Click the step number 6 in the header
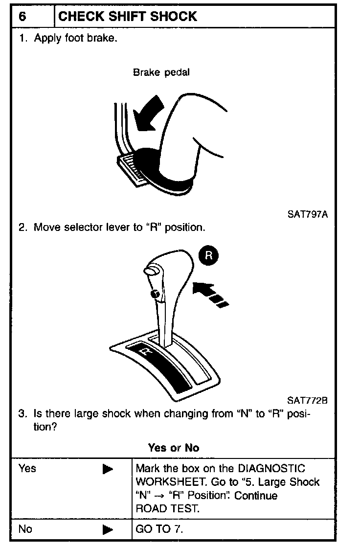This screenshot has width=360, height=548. tap(22, 16)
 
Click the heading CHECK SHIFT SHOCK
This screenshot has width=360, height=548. tap(127, 16)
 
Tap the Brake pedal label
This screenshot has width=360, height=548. tap(161, 72)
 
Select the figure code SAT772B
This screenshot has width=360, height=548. tap(307, 401)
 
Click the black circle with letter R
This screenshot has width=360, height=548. tap(209, 255)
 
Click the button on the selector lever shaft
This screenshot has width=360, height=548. tap(154, 294)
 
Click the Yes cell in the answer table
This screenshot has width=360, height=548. tap(27, 469)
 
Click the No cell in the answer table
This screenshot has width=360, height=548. tap(25, 529)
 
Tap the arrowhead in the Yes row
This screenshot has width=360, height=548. tap(108, 469)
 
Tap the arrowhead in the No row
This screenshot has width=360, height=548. tap(108, 529)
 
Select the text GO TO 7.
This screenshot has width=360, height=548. tap(160, 529)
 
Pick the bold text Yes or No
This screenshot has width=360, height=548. tap(173, 448)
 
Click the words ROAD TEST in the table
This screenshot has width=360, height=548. tap(168, 508)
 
